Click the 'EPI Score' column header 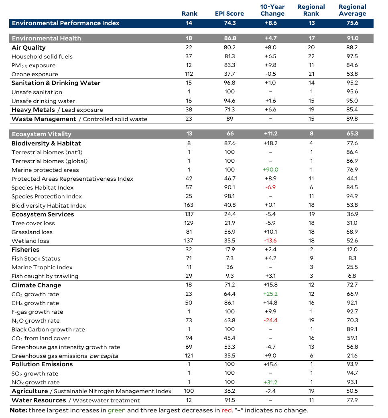click(x=229, y=13)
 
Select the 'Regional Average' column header click(x=352, y=10)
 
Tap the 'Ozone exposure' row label click(x=35, y=74)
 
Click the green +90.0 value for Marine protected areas click(x=270, y=170)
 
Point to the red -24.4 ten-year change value click(x=270, y=321)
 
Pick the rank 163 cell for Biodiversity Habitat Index click(x=189, y=206)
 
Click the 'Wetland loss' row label click(x=30, y=241)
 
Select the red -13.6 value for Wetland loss click(x=270, y=241)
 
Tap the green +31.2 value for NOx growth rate click(x=270, y=382)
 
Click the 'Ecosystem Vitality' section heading click(x=42, y=134)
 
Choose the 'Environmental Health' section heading click(x=47, y=38)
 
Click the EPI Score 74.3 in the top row click(x=229, y=23)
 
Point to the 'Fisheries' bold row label click(x=25, y=250)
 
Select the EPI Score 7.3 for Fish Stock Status click(x=229, y=258)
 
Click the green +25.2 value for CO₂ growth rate click(x=270, y=294)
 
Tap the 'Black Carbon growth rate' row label click(x=48, y=329)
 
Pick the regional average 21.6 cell click(x=352, y=356)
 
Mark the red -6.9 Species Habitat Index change click(x=270, y=188)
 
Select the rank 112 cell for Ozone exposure click(x=189, y=74)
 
